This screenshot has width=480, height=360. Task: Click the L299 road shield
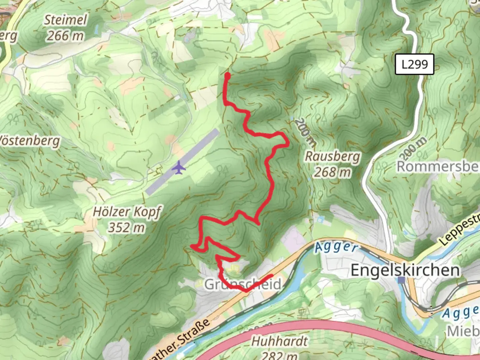pyautogui.click(x=414, y=64)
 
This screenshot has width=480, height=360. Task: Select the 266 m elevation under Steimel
pyautogui.click(x=65, y=36)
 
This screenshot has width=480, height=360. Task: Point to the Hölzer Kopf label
pyautogui.click(x=127, y=212)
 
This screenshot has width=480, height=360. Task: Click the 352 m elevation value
pyautogui.click(x=126, y=228)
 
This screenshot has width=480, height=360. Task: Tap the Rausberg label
pyautogui.click(x=333, y=156)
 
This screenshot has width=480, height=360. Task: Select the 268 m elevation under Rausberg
pyautogui.click(x=332, y=172)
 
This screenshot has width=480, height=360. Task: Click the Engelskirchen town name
pyautogui.click(x=405, y=270)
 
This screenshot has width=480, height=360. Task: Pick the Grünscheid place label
pyautogui.click(x=243, y=284)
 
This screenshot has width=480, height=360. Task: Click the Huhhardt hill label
pyautogui.click(x=279, y=341)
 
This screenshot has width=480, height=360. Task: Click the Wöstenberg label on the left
pyautogui.click(x=30, y=141)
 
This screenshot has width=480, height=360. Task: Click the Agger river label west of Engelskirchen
pyautogui.click(x=336, y=247)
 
